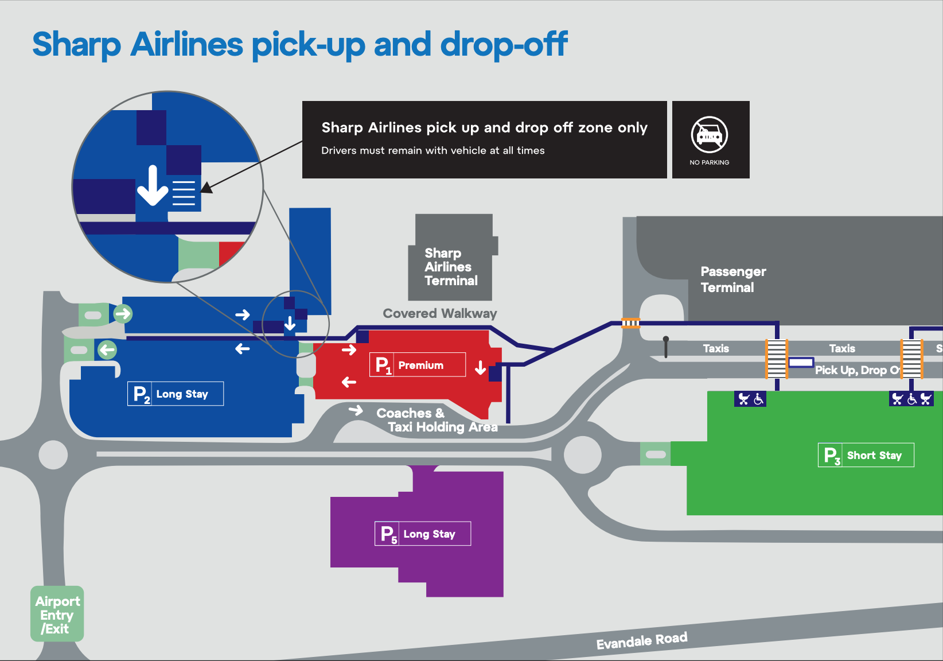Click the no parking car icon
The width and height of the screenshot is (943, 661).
[x=710, y=135]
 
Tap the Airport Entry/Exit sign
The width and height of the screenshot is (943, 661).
[x=57, y=615]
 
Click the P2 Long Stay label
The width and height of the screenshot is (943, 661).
[x=175, y=394]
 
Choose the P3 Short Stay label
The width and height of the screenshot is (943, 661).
[x=866, y=456]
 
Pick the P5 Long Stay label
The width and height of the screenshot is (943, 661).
[x=422, y=534]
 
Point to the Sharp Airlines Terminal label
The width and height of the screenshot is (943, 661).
[x=451, y=267]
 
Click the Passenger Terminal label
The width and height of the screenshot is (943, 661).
[x=733, y=279]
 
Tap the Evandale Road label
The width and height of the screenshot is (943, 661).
[x=641, y=641]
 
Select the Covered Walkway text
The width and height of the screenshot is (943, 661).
[x=440, y=313]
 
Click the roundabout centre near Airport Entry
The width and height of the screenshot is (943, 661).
[x=53, y=455]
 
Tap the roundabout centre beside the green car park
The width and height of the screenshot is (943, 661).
[x=583, y=455]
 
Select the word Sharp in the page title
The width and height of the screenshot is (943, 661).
[x=76, y=45]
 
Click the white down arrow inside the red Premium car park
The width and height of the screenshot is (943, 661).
[x=481, y=368]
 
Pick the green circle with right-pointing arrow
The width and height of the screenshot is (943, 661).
[x=123, y=314]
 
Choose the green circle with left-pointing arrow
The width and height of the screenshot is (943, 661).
[x=107, y=349]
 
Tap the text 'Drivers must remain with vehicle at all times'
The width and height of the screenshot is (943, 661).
[x=432, y=150]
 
